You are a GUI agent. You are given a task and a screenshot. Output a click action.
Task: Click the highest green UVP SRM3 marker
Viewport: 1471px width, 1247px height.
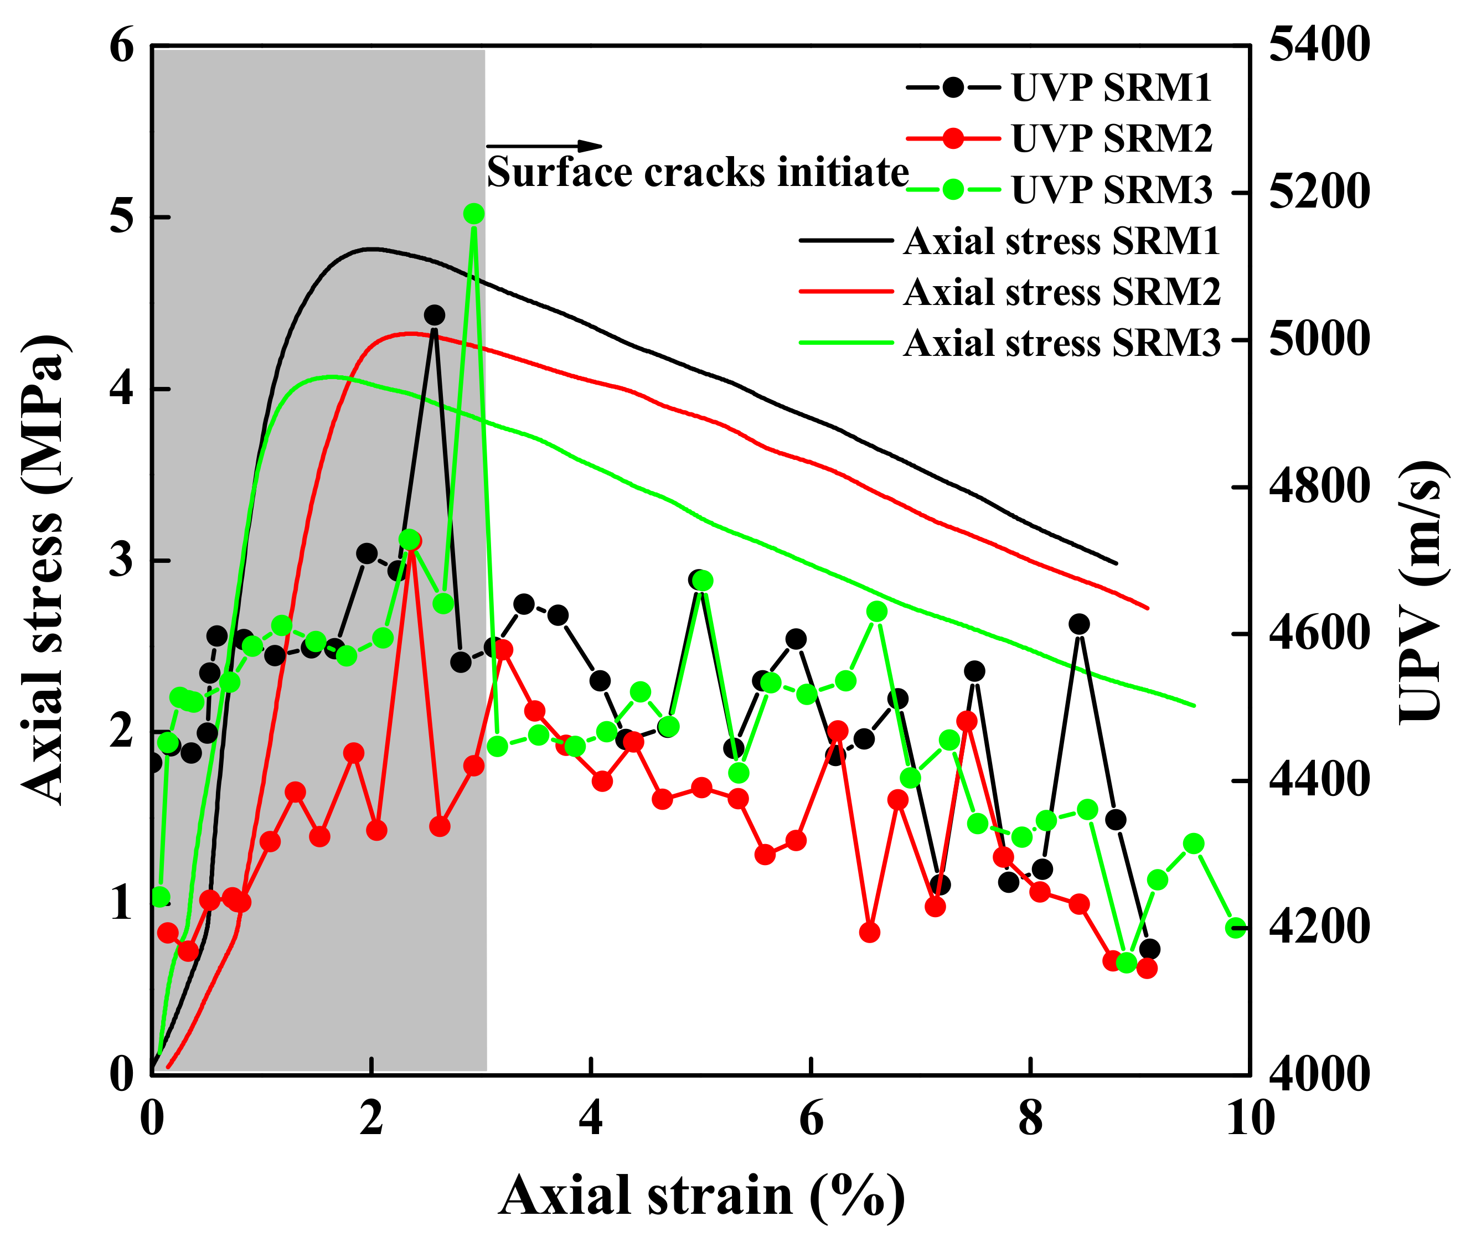pyautogui.click(x=473, y=214)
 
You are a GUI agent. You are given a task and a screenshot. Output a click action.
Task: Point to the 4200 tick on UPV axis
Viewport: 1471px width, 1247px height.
pyautogui.click(x=1319, y=928)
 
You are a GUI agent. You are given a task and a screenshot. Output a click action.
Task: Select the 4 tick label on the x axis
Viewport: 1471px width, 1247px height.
pyautogui.click(x=591, y=1119)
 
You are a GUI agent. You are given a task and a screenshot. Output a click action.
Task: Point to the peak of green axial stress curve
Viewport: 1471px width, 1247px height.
pyautogui.click(x=329, y=376)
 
